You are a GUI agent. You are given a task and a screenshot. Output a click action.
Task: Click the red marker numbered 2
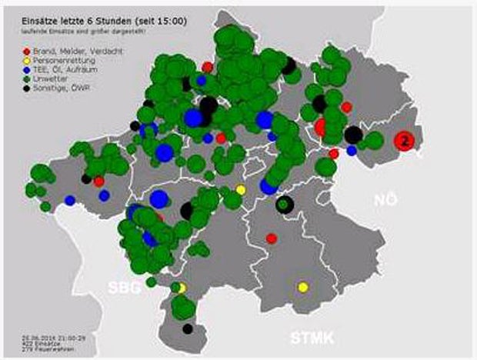coord(405,140)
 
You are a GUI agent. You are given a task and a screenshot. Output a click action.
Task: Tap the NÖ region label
coord(388,199)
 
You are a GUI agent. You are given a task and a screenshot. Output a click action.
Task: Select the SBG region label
coord(123,288)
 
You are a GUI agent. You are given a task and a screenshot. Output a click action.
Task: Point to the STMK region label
coord(309,337)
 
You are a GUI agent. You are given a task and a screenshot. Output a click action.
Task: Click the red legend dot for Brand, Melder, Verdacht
coord(25,50)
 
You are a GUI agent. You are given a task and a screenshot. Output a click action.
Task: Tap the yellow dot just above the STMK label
coord(303,287)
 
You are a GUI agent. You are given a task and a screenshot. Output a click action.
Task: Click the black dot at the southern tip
coord(187,328)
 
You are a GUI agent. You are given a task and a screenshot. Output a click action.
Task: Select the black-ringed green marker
coord(284,204)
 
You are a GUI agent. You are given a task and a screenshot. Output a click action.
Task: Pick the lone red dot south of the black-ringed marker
coord(272,238)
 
